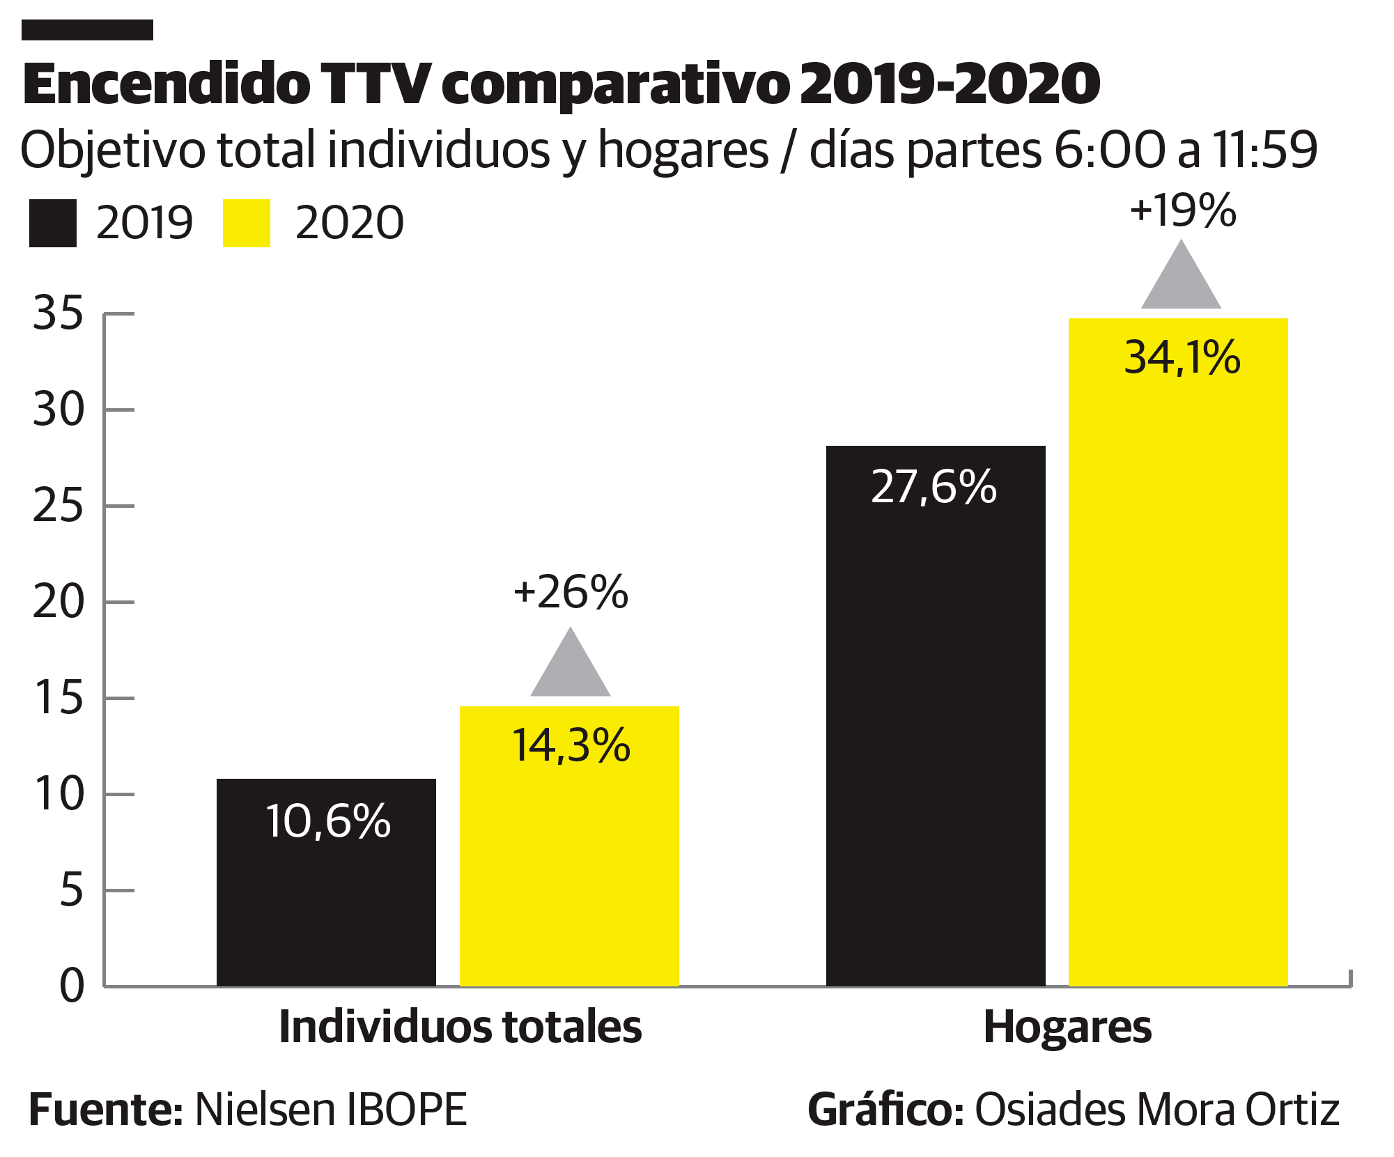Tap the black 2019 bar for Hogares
pyautogui.click(x=936, y=731)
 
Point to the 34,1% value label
pyautogui.click(x=1182, y=358)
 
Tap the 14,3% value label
pyautogui.click(x=571, y=745)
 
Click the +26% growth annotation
pyautogui.click(x=571, y=592)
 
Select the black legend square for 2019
pyautogui.click(x=53, y=224)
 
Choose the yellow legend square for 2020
pyautogui.click(x=246, y=224)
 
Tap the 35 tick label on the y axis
pyautogui.click(x=58, y=313)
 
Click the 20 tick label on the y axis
pyautogui.click(x=58, y=602)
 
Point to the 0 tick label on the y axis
pyautogui.click(x=72, y=986)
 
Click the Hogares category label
pyautogui.click(x=1067, y=1027)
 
